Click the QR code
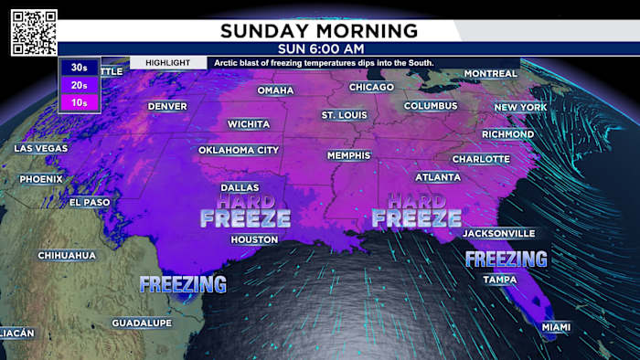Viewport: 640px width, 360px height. pyautogui.click(x=34, y=33)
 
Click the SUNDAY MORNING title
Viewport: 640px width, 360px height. pyautogui.click(x=319, y=30)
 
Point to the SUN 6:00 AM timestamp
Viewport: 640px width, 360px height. pyautogui.click(x=319, y=48)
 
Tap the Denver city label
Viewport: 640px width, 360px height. pyautogui.click(x=167, y=107)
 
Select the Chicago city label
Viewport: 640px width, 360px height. pyautogui.click(x=371, y=88)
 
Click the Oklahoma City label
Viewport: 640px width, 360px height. pyautogui.click(x=239, y=150)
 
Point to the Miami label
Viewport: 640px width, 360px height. pyautogui.click(x=556, y=327)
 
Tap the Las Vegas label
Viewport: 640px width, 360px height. pyautogui.click(x=40, y=148)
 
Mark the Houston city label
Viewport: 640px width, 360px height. pyautogui.click(x=254, y=239)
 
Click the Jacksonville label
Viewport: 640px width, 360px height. pyautogui.click(x=499, y=233)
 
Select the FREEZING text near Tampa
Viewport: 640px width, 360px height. pyautogui.click(x=506, y=259)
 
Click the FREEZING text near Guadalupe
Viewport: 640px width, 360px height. pyautogui.click(x=183, y=285)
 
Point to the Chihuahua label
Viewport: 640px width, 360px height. pyautogui.click(x=67, y=255)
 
